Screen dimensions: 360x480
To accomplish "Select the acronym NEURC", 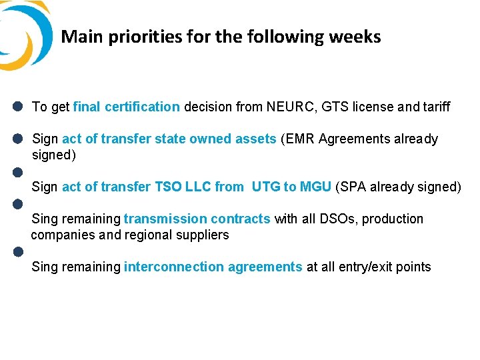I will pyautogui.click(x=289, y=107).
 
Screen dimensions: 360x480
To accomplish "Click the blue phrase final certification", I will pyautogui.click(x=126, y=107).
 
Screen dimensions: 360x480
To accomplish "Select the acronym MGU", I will pyautogui.click(x=315, y=187).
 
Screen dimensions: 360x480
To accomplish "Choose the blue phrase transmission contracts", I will pyautogui.click(x=197, y=219).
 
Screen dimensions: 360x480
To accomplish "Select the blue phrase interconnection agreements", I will pyautogui.click(x=213, y=267).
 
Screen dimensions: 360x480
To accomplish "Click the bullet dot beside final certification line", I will pyautogui.click(x=18, y=107).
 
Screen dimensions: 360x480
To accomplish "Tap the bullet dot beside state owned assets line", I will pyautogui.click(x=18, y=139).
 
